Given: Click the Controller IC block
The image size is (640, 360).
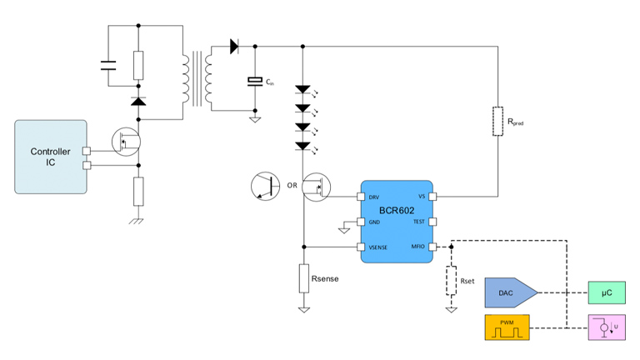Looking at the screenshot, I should point(51,157).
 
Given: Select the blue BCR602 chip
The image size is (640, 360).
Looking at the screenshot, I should point(396,222).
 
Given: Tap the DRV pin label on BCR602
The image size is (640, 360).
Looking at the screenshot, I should point(374,197).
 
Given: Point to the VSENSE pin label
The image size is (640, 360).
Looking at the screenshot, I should point(377,247).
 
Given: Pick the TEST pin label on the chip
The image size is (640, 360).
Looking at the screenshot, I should point(418,222).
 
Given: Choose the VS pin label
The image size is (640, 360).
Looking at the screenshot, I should point(421,197).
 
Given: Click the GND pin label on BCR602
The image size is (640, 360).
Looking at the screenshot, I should point(374,222).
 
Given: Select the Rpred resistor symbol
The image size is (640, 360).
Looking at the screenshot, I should point(497,120).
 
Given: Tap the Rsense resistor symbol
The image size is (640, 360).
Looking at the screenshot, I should point(304,277).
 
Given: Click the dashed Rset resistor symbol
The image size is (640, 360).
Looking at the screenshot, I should point(451,281).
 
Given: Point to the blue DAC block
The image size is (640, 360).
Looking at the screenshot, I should point(509,292).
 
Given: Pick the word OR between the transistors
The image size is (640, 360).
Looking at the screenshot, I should point(292,185).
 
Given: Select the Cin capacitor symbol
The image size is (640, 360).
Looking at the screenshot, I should point(255,82).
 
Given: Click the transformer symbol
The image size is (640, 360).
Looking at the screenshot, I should point(197,80).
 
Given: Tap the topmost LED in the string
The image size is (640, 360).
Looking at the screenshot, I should point(303,88).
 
